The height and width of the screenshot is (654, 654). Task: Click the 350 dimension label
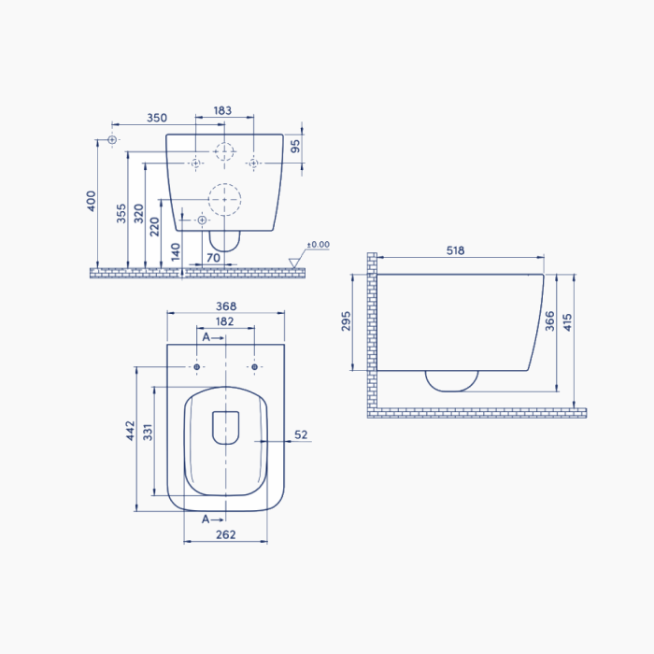click(157, 118)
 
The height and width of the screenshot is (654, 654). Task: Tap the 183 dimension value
click(222, 110)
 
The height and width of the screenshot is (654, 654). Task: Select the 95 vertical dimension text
click(295, 146)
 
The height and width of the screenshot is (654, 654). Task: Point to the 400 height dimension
click(92, 201)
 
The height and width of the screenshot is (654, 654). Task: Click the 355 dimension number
click(121, 213)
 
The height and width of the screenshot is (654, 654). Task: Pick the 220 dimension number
click(154, 226)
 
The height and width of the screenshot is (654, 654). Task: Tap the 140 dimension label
click(176, 252)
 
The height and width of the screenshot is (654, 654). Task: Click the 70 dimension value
click(213, 258)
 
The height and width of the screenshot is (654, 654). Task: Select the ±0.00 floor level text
click(319, 245)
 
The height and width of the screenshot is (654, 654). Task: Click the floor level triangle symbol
click(293, 263)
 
